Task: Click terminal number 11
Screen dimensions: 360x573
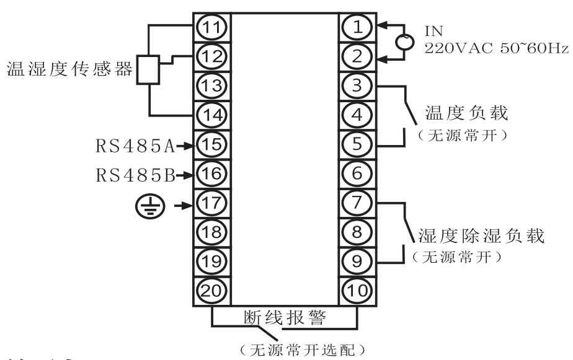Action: pos(211,27)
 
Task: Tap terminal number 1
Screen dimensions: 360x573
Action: pos(357,27)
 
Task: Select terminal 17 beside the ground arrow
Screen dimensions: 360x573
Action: pos(211,202)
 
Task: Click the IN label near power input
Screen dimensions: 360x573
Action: pos(431,29)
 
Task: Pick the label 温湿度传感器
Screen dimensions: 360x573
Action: pos(68,69)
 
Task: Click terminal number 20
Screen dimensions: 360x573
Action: pos(211,289)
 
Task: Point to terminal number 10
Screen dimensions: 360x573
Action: pos(357,289)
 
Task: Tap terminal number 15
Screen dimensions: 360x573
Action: pos(211,144)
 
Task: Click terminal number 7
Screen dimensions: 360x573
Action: pos(357,202)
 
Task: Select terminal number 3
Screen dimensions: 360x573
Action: pos(357,86)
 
